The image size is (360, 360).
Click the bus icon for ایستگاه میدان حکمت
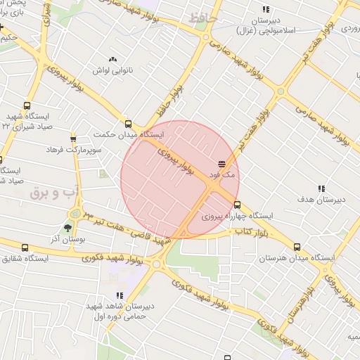tap(128, 122)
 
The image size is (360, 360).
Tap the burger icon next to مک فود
tap(221, 163)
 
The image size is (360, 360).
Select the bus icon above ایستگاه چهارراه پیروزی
tap(237, 205)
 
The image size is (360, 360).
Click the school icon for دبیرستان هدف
tap(321, 188)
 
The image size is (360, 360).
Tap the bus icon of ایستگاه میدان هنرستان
tap(297, 247)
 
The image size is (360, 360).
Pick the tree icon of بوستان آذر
tap(67, 229)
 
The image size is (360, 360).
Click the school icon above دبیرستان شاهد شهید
tap(119, 295)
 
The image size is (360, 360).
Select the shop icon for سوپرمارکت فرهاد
tap(73, 139)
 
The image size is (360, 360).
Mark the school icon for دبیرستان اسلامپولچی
tap(265, 9)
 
